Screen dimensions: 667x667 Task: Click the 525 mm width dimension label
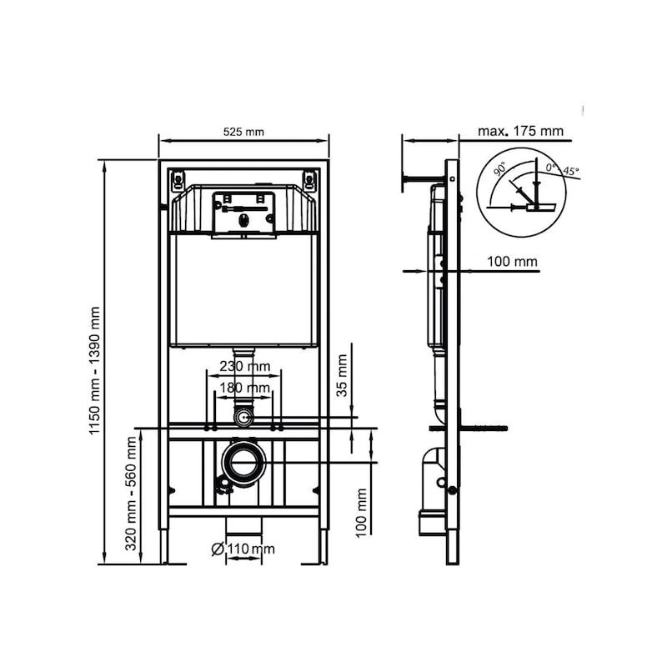coord(243,131)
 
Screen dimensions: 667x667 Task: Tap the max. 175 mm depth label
coord(520,131)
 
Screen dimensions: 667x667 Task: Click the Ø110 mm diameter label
coord(243,548)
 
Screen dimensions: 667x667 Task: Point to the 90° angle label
coord(499,168)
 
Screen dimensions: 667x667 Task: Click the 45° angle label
coord(571,171)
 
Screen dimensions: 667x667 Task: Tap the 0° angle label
coord(551,168)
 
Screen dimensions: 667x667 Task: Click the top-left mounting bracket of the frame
coord(178,178)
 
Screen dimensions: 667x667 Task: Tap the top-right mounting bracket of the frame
coord(310,178)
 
